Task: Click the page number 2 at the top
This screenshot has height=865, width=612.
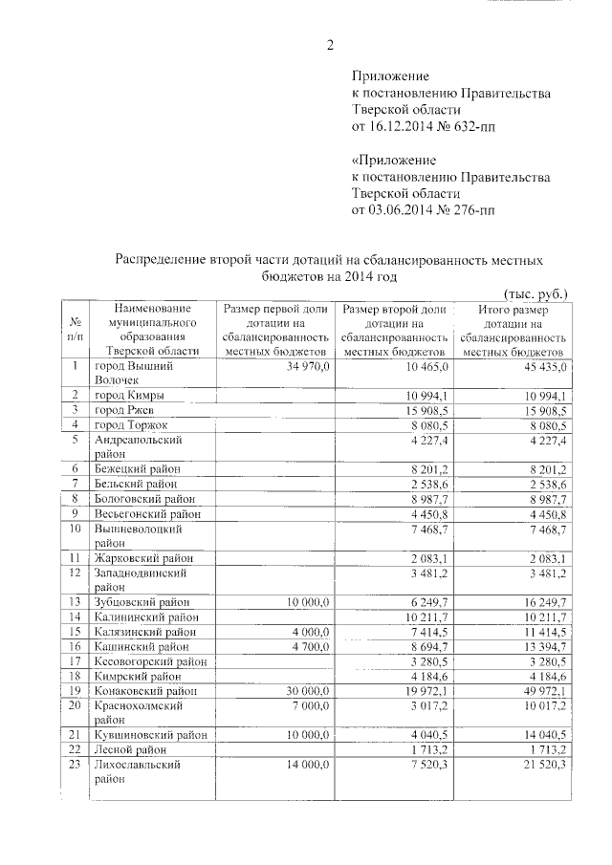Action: (330, 44)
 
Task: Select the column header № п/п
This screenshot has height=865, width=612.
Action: (75, 331)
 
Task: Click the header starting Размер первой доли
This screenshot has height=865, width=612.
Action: (276, 331)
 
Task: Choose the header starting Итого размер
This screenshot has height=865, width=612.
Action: (514, 331)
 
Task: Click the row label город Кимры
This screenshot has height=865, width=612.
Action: (128, 396)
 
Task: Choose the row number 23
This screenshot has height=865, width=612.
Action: (75, 766)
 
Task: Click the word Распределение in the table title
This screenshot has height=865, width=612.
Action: (162, 259)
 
